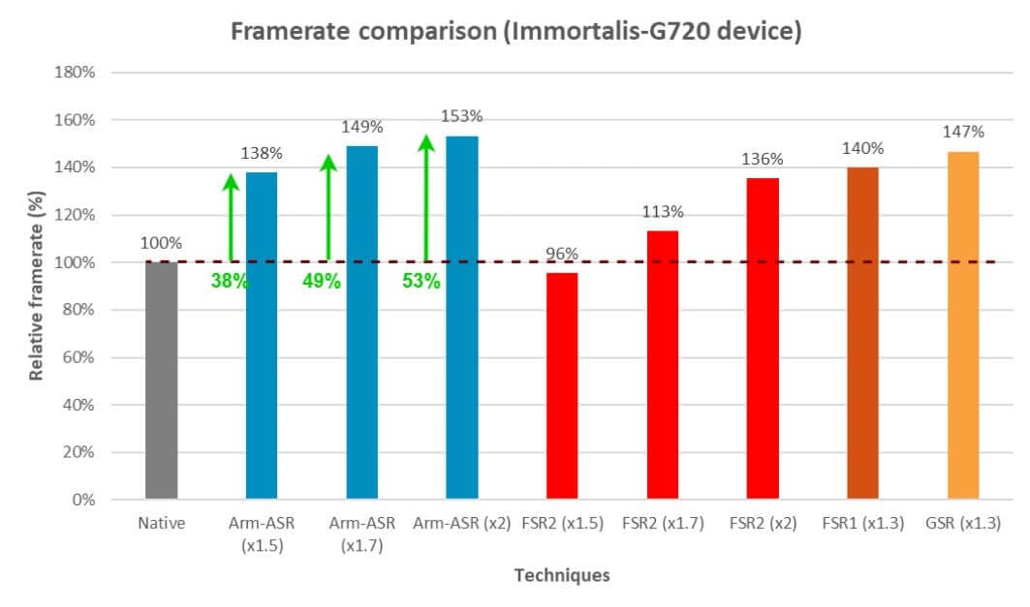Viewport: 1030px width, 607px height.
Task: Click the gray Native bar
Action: click(162, 380)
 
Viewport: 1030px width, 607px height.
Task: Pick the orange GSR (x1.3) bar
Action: click(963, 325)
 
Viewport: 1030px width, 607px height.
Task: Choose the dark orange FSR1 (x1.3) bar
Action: click(862, 333)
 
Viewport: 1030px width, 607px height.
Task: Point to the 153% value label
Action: click(461, 116)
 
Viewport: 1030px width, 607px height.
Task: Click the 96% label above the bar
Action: click(562, 254)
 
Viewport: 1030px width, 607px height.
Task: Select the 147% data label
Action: click(963, 132)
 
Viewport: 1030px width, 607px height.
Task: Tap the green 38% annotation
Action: click(230, 282)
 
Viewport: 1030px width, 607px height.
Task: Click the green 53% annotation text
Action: click(421, 282)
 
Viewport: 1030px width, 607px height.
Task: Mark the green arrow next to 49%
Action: click(328, 208)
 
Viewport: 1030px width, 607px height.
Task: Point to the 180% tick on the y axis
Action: click(75, 73)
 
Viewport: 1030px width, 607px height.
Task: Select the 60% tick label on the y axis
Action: click(78, 357)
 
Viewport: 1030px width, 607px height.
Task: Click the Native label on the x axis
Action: click(162, 524)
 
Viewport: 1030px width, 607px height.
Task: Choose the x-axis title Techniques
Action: click(562, 575)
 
